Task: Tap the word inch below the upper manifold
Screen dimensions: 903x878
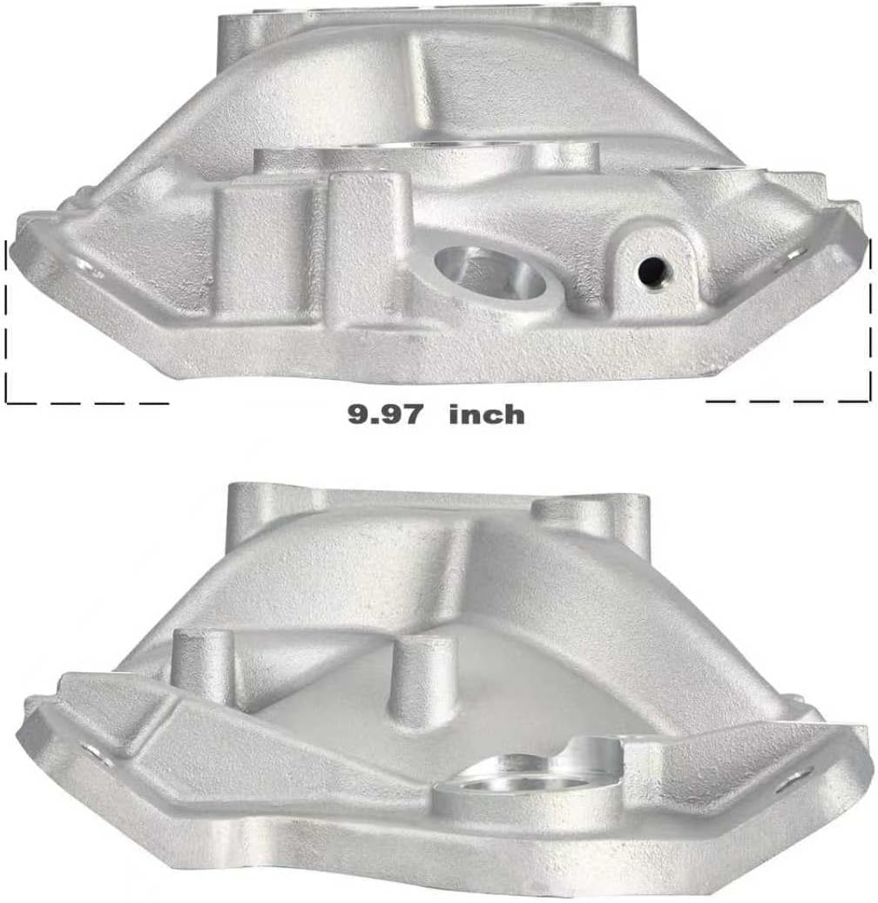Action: (x=486, y=414)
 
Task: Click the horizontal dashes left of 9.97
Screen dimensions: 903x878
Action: (x=87, y=402)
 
